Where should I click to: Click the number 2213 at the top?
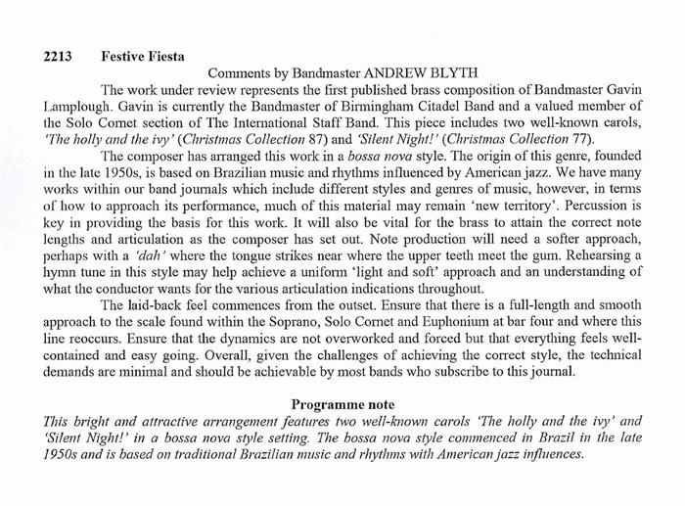coord(61,57)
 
